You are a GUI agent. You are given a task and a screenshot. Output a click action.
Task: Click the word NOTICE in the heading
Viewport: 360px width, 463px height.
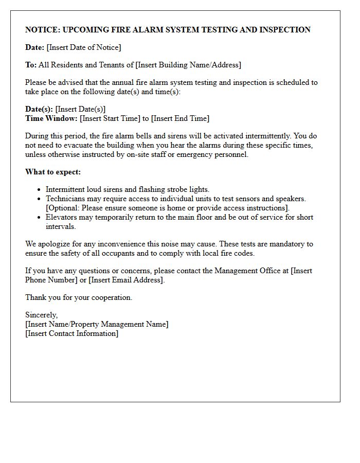42,30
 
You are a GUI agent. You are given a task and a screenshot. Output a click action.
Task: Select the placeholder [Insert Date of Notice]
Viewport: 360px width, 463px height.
84,47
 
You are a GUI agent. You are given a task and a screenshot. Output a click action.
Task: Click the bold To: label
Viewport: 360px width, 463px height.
31,65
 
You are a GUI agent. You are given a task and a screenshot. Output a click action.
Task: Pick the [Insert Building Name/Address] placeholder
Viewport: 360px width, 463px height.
188,65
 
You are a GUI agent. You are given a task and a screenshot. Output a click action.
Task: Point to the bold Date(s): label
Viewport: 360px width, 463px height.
39,109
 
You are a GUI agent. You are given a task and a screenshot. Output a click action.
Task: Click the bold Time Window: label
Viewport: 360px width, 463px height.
51,118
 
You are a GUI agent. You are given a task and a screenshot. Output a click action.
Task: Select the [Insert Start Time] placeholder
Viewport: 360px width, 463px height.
110,118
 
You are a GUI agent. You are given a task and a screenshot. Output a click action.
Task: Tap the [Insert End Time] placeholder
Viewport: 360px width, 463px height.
180,118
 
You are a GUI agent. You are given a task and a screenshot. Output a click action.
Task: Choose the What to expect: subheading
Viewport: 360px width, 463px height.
53,172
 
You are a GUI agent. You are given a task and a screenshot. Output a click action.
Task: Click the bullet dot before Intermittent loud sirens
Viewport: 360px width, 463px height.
39,190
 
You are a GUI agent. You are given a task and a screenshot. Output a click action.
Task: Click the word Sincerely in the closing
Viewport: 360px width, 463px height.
41,315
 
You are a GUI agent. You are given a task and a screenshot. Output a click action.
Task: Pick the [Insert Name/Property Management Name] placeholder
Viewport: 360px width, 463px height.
97,324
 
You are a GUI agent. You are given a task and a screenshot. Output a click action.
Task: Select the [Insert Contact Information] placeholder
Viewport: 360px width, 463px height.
71,333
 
